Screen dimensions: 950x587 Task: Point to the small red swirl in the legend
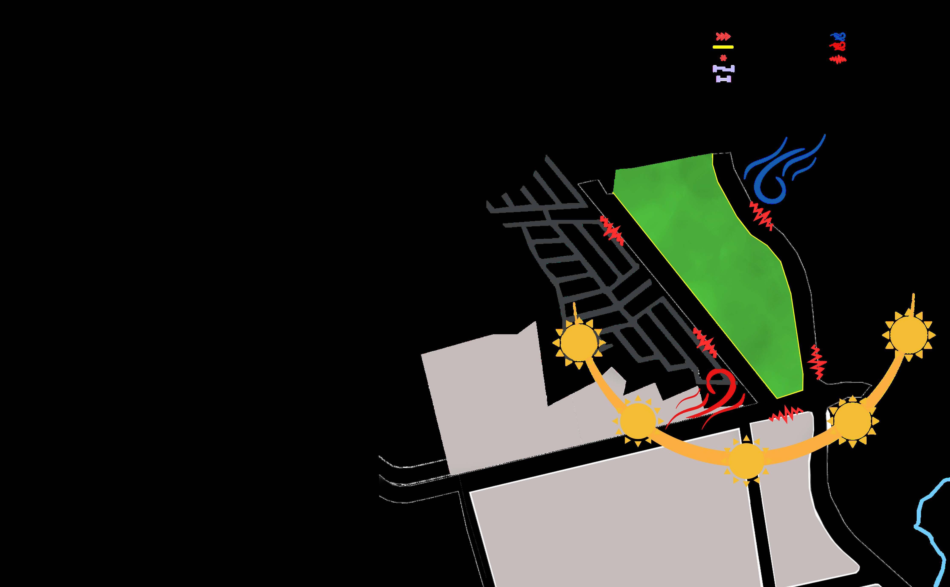click(838, 46)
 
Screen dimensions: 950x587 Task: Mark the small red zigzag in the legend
click(838, 59)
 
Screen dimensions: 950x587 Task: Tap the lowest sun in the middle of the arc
click(746, 461)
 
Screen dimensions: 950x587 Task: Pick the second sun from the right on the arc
click(852, 421)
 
